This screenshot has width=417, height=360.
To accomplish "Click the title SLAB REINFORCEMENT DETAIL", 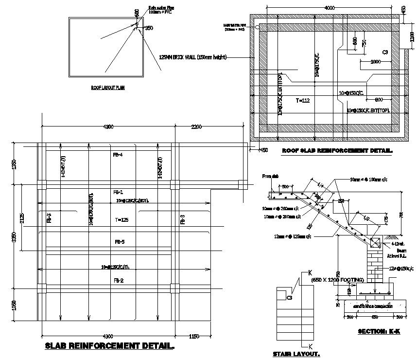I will pos(110,346).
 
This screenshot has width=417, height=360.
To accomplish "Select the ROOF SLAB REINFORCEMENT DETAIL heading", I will pos(337,151).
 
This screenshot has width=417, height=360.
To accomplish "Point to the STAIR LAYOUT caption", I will pos(296,354).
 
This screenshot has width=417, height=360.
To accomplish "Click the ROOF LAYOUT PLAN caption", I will pos(108,88).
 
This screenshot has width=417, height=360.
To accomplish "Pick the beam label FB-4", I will pos(118,155).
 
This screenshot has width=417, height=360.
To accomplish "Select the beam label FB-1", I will pos(118,191).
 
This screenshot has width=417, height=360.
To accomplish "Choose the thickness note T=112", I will pos(303,100).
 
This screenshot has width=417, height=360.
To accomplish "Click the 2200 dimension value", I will pos(196,127).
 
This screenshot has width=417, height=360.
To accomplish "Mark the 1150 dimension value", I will pos(194,336).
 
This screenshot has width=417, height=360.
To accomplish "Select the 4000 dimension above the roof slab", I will pos(330,7).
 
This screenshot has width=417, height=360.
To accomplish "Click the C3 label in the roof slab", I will pos(385,52).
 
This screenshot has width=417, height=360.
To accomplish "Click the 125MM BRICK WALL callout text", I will pos(193,57).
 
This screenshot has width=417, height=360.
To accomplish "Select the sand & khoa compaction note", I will pos(374,307).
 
